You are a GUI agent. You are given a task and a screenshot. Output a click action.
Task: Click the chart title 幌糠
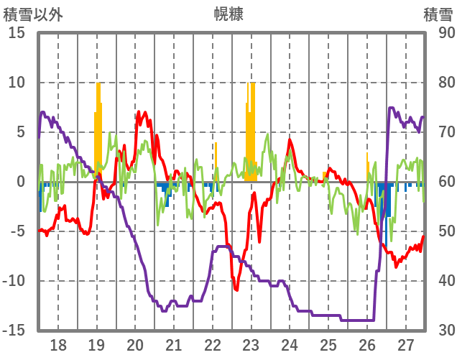pos(229,14)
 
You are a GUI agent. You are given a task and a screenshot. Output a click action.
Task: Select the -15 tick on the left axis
pos(14,331)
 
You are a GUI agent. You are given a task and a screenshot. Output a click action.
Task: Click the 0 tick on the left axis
pos(22,182)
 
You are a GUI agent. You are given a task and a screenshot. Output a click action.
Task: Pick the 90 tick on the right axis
pos(446,33)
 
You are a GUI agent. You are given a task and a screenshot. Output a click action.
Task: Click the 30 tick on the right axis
pos(446,331)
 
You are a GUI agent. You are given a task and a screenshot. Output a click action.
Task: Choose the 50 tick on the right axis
pos(446,231)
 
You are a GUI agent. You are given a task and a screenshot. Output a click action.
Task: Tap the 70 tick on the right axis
pos(446,132)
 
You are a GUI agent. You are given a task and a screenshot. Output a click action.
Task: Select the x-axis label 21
pos(173,344)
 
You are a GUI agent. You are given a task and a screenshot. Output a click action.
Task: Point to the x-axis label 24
pos(290,344)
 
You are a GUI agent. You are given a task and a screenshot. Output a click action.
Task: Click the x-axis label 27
pos(405,344)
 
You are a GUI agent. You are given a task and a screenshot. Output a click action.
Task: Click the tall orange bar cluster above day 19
pos(98,129)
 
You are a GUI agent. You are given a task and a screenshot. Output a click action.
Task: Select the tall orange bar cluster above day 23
pos(250,129)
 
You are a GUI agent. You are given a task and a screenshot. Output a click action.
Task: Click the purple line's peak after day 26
pos(391,109)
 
